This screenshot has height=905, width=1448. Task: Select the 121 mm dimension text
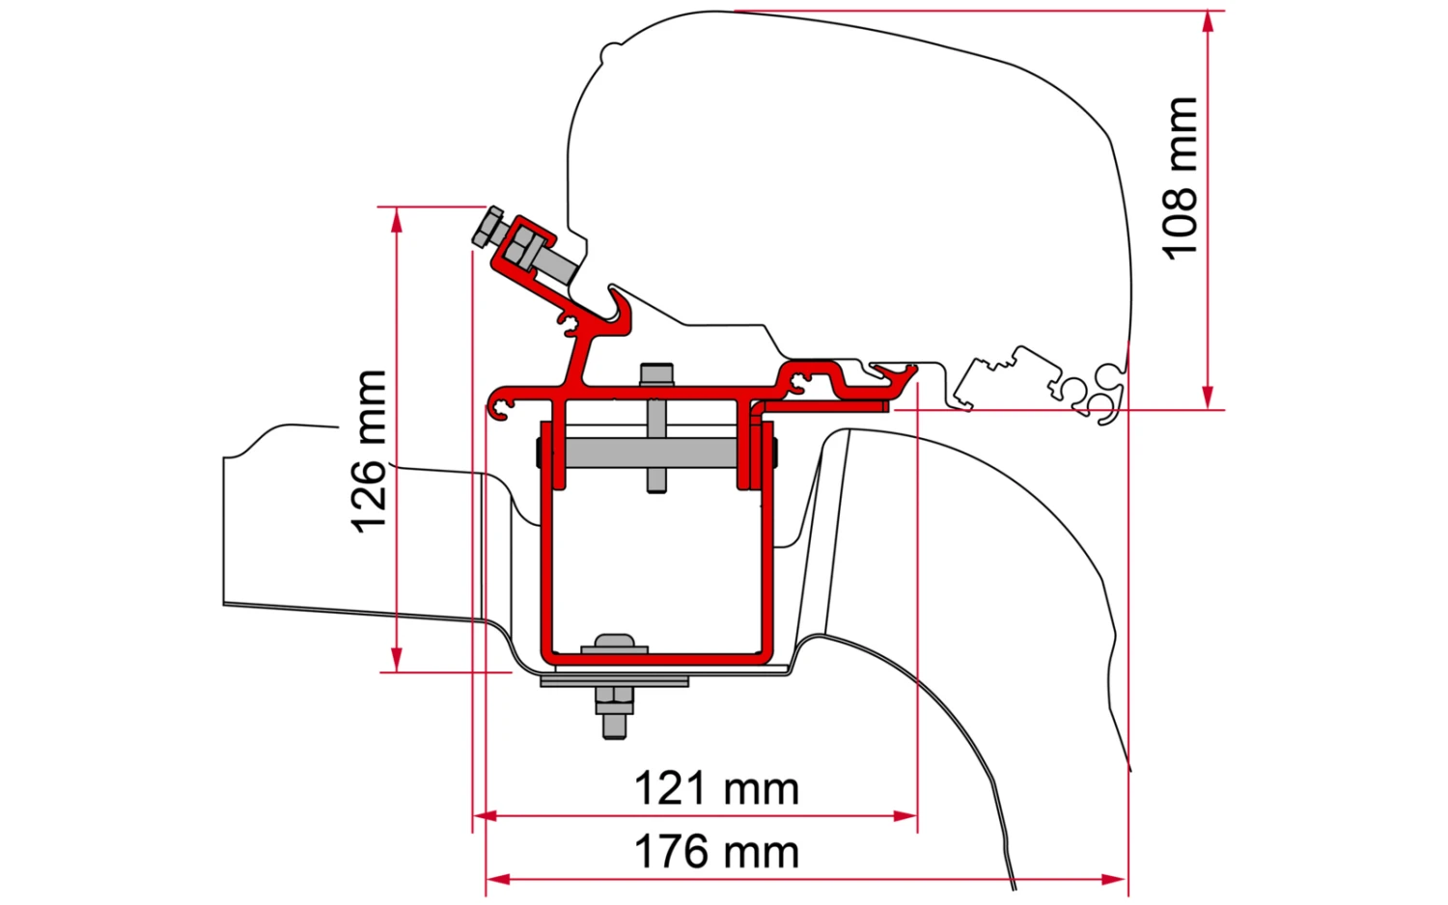point(715,789)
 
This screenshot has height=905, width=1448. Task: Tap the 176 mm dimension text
point(715,853)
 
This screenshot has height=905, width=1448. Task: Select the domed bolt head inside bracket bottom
point(614,644)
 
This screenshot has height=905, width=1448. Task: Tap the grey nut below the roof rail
point(614,701)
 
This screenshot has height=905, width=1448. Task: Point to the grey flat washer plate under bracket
point(614,681)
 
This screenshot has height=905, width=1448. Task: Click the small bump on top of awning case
point(607,49)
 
